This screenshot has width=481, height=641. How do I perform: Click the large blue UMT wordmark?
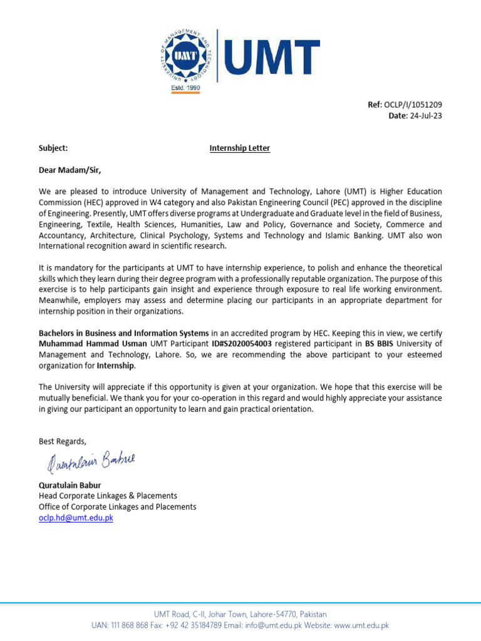(x=271, y=54)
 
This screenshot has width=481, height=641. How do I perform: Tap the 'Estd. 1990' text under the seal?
(x=185, y=89)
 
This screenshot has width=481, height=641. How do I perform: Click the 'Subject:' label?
(x=53, y=148)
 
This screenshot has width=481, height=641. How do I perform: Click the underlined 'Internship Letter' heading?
(x=240, y=148)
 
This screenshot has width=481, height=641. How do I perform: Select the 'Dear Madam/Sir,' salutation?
(x=70, y=170)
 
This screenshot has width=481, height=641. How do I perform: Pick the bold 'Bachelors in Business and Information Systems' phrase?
(x=123, y=333)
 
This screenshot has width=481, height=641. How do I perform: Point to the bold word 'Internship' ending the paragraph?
(x=116, y=366)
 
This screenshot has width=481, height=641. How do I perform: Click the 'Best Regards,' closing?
(x=63, y=441)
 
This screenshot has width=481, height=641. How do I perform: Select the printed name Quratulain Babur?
(x=70, y=485)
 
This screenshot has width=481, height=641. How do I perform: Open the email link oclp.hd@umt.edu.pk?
(x=76, y=518)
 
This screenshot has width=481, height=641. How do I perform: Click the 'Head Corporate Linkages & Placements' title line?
(x=108, y=496)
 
